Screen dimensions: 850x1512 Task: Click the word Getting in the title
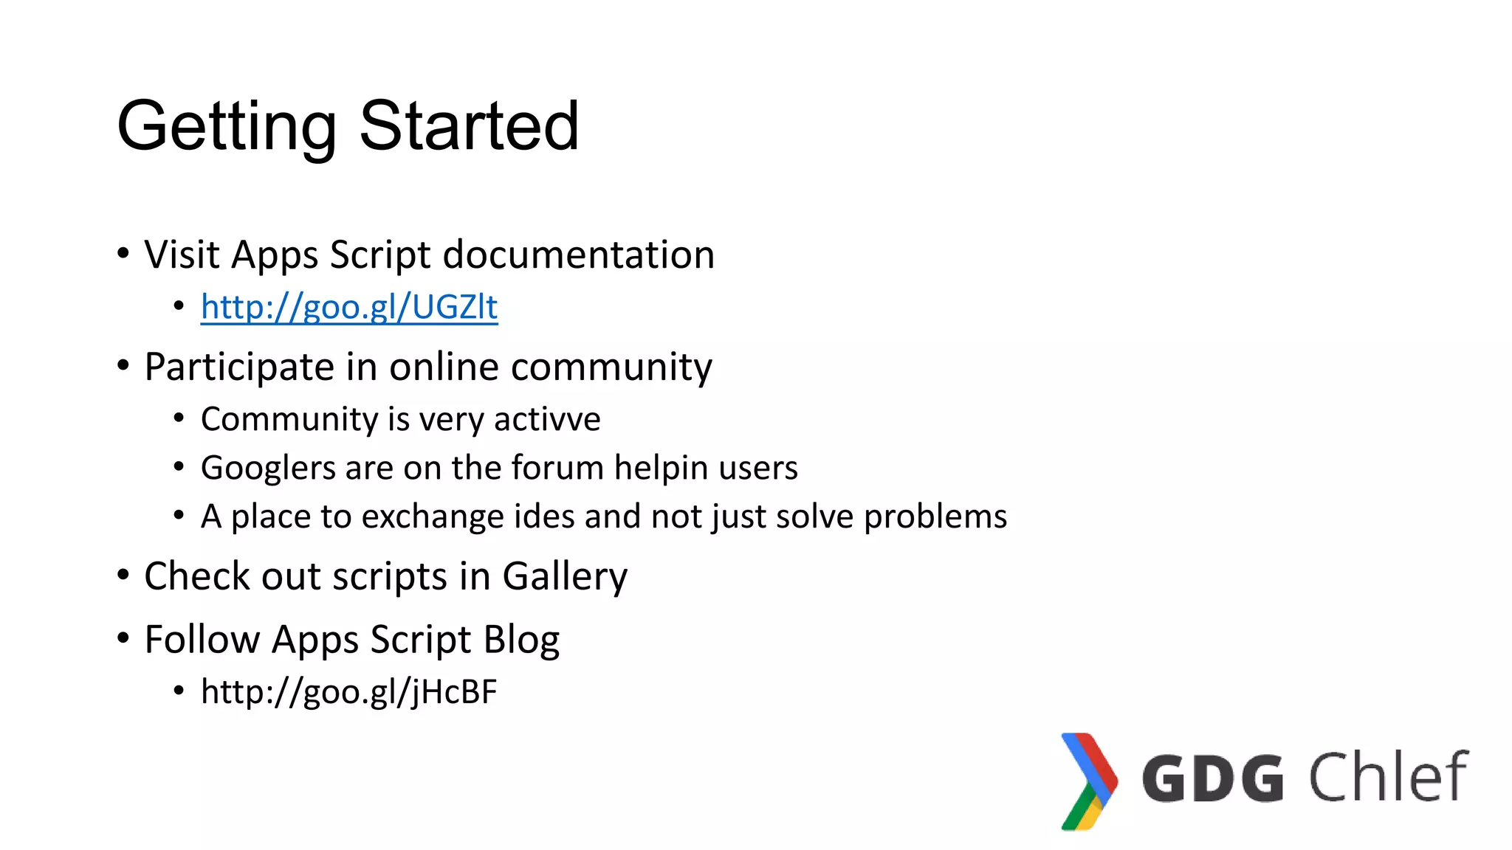226,127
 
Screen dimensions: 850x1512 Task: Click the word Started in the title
469,127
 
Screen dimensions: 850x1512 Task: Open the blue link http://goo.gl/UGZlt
348,307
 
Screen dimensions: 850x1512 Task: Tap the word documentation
578,255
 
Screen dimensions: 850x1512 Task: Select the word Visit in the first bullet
182,255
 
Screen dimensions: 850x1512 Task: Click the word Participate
239,367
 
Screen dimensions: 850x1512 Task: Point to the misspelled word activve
547,419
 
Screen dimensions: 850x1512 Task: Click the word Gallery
565,577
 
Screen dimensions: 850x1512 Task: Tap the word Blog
521,640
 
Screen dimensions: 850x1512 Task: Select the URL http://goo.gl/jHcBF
348,692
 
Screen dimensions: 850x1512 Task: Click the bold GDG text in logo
1212,778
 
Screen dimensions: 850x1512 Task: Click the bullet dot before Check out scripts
123,575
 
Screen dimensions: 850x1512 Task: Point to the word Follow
202,639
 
